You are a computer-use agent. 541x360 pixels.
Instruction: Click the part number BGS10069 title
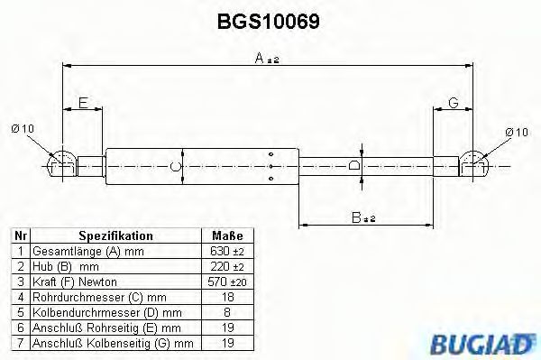click(270, 20)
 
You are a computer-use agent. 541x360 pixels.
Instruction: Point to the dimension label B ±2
click(362, 217)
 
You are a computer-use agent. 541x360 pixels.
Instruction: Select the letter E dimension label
click(83, 104)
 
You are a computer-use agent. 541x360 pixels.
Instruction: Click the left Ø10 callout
click(23, 130)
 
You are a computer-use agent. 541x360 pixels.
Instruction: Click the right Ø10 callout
click(516, 132)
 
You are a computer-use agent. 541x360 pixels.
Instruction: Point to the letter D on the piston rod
click(354, 166)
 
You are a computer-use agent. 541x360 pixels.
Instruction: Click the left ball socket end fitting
click(61, 164)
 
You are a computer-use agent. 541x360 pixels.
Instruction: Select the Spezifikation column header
click(115, 235)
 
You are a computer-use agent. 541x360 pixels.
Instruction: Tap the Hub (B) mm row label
click(65, 266)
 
